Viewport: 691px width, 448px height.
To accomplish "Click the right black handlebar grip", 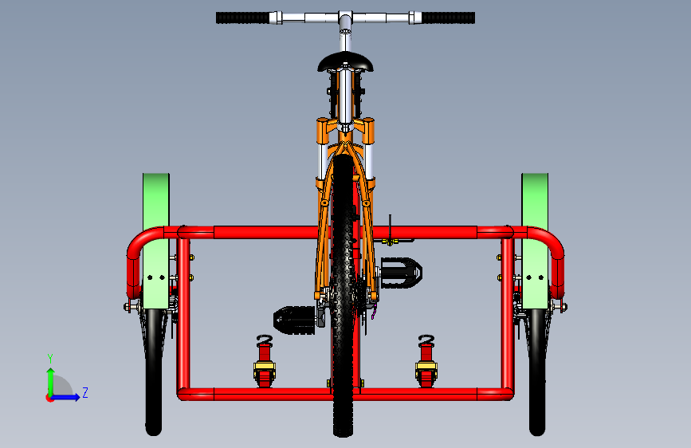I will click(448, 18).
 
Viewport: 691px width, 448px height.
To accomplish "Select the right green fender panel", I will click(535, 207).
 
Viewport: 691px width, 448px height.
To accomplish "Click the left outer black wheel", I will click(153, 375).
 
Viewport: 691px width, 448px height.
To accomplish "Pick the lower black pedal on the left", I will click(295, 320).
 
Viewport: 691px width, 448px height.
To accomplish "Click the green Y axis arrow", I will click(49, 379).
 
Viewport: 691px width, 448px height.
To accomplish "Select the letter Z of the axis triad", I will click(85, 392).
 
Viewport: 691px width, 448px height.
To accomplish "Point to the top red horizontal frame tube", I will click(263, 233).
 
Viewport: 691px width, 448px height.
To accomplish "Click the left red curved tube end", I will click(135, 259).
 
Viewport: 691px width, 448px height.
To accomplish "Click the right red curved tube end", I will click(556, 259).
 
